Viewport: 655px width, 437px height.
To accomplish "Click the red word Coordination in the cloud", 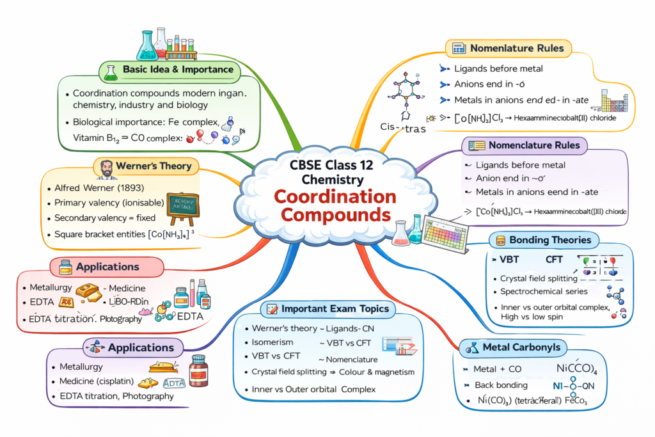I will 327,196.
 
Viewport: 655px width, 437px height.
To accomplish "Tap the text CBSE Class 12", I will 327,164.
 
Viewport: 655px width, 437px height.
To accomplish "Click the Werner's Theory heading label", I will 154,166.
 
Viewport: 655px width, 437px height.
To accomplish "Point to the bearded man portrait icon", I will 106,168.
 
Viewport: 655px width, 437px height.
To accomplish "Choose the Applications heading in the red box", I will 107,266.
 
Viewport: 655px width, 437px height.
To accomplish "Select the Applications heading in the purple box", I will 141,347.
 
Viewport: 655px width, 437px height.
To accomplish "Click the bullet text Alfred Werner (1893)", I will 99,188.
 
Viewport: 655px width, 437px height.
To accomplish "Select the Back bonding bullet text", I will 501,385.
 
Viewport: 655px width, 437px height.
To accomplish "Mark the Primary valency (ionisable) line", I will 107,203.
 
